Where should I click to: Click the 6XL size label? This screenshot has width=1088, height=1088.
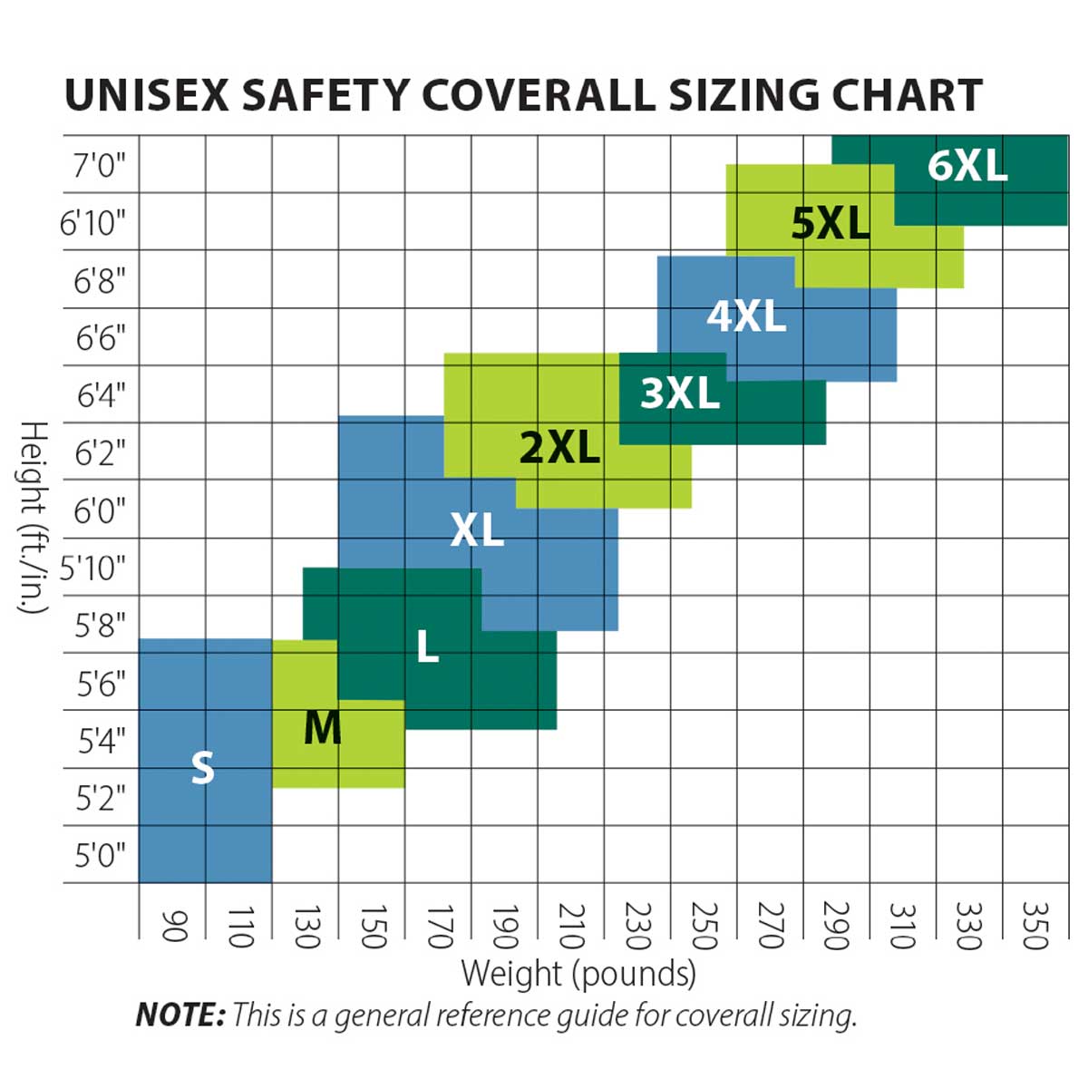tap(967, 166)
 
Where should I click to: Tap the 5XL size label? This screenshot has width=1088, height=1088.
tap(830, 223)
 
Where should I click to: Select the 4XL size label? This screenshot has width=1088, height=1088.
tap(746, 316)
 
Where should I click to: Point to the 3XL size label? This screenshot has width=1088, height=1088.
tap(680, 393)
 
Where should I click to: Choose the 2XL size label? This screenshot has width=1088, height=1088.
tap(559, 447)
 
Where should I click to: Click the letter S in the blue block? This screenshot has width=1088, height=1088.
tap(203, 768)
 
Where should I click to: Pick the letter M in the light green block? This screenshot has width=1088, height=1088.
tap(323, 727)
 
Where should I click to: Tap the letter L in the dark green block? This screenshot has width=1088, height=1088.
tap(427, 646)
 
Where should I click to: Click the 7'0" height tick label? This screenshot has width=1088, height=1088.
tap(99, 166)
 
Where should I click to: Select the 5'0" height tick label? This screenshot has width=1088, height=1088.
tap(99, 855)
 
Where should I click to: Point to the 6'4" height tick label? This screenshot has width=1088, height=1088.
tap(101, 395)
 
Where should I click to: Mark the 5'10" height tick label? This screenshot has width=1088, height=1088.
tap(92, 568)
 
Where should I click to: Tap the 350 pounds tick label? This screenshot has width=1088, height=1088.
tap(1035, 925)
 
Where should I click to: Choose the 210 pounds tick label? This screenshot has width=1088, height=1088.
tap(570, 925)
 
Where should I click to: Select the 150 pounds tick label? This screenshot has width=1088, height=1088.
tap(372, 925)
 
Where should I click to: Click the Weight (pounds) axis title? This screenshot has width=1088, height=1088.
tap(578, 974)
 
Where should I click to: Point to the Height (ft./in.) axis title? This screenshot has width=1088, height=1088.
tap(34, 517)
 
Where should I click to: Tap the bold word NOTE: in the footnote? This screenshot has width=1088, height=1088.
tap(180, 1015)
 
